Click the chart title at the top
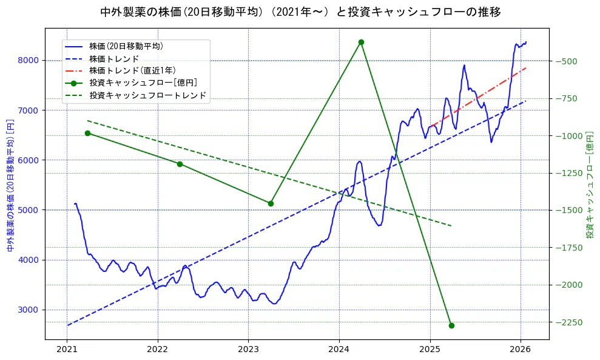(300, 12)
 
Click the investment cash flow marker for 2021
(87, 133)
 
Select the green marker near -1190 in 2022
(180, 164)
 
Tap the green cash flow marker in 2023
(271, 203)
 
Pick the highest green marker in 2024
(361, 42)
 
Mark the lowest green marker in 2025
(451, 325)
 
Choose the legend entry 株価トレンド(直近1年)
(132, 70)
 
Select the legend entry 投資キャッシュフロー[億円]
(143, 83)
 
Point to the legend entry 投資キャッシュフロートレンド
(147, 95)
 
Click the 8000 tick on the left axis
(29, 60)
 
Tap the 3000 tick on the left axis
(29, 310)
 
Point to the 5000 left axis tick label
(29, 210)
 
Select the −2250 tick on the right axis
(567, 322)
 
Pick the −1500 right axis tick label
(567, 210)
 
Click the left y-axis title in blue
(10, 185)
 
